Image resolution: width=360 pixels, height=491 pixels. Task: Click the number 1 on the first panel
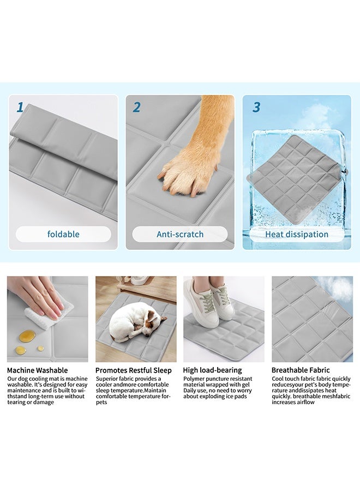click(20, 107)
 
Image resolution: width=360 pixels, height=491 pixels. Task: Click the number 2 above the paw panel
click(136, 107)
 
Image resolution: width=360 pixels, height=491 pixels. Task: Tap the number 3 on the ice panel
click(256, 107)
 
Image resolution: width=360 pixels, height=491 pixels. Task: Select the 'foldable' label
click(63, 235)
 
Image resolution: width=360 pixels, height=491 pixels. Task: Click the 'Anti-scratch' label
click(180, 235)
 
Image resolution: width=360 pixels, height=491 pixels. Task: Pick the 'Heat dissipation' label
click(297, 235)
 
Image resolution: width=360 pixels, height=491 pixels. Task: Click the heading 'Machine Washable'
click(38, 370)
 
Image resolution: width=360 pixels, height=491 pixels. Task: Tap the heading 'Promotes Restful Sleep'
click(134, 370)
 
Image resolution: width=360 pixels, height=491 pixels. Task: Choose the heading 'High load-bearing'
click(213, 370)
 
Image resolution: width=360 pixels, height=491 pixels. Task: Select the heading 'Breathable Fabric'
click(301, 370)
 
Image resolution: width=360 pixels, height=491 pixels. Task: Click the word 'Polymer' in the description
click(195, 379)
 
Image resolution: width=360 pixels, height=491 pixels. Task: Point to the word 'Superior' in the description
click(108, 379)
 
